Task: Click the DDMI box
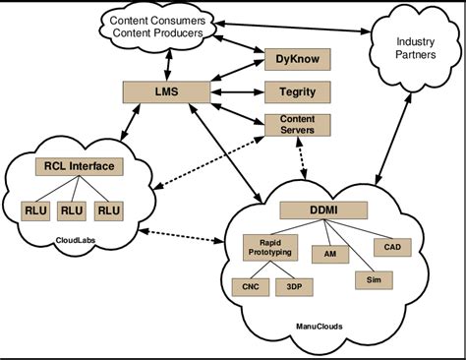[322, 210]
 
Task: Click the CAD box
[391, 246]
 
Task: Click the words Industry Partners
[416, 48]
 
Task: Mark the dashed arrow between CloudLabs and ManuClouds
[180, 236]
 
